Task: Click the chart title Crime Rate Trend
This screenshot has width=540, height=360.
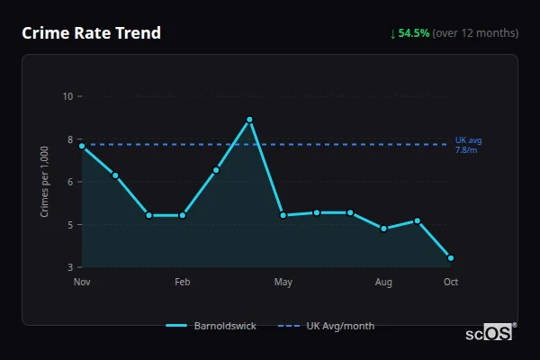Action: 91,33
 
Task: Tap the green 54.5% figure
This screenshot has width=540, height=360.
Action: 413,33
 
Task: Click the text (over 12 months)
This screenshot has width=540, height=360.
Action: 475,33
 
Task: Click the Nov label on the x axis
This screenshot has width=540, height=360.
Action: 82,283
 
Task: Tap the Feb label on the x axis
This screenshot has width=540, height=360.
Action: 183,283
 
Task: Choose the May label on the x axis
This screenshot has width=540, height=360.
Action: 283,283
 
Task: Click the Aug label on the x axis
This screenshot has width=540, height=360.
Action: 383,283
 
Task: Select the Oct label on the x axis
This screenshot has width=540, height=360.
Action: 451,283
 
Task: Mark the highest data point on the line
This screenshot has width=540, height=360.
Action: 249,120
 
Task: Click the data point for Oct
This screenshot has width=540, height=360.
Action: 451,258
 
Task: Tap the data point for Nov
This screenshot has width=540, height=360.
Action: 82,146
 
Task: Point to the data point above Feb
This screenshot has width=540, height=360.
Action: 183,215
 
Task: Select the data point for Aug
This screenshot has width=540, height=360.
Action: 383,229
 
